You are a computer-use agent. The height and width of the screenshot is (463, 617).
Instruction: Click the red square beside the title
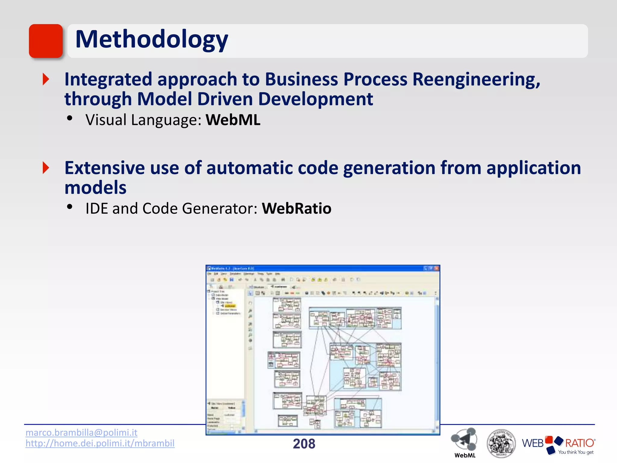(x=46, y=41)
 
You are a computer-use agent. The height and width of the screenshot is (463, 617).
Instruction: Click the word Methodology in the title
(x=152, y=39)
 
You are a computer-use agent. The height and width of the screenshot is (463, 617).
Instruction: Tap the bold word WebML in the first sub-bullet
(x=233, y=120)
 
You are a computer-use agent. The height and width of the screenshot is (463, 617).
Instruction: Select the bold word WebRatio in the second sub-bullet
(x=296, y=209)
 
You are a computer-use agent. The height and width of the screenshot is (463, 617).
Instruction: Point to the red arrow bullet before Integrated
(x=46, y=79)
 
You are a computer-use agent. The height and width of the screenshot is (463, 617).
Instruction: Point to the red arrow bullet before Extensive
(x=46, y=168)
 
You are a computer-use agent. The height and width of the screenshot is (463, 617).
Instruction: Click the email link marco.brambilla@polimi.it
(x=81, y=433)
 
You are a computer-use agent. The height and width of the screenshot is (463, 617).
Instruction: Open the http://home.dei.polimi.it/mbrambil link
(x=100, y=443)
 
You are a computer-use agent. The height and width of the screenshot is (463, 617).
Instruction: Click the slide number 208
(x=304, y=444)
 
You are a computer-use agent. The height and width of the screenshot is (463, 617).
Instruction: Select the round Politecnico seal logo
(x=501, y=443)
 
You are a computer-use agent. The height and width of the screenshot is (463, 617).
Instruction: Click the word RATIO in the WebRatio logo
(x=579, y=443)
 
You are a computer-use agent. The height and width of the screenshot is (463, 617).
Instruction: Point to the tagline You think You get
(x=575, y=452)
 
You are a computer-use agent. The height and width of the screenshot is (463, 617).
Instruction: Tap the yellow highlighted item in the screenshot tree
(x=230, y=306)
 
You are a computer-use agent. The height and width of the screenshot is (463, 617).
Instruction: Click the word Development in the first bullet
(x=315, y=99)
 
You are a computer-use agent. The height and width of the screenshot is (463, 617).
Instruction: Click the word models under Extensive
(x=96, y=188)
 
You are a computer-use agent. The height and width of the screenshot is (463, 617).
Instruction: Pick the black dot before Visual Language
(x=70, y=118)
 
